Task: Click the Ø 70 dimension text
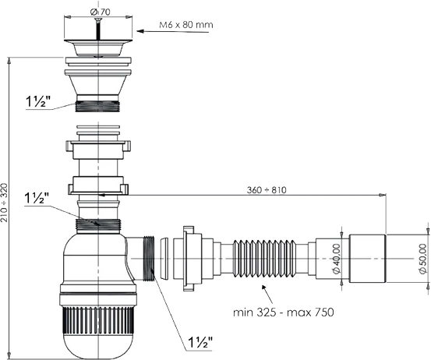pyautogui.click(x=98, y=12)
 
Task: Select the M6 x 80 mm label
pyautogui.click(x=186, y=25)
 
